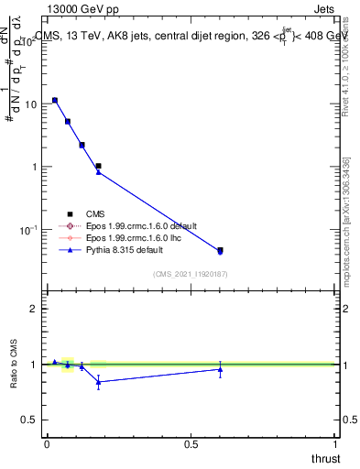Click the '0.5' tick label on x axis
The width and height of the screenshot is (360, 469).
191,444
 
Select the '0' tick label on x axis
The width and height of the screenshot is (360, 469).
47,444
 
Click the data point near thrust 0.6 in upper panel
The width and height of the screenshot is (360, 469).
220,250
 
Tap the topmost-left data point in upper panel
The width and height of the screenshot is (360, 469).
55,100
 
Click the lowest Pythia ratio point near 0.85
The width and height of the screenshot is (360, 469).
98,382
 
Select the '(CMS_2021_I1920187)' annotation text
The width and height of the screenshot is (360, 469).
190,273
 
